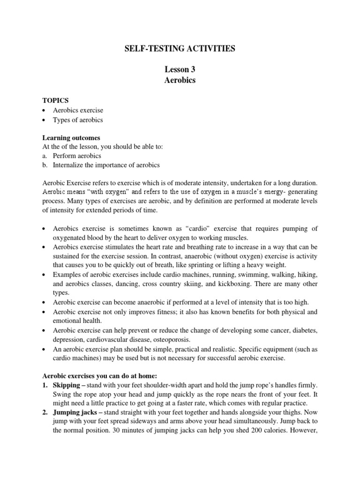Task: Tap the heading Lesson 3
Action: [180, 69]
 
